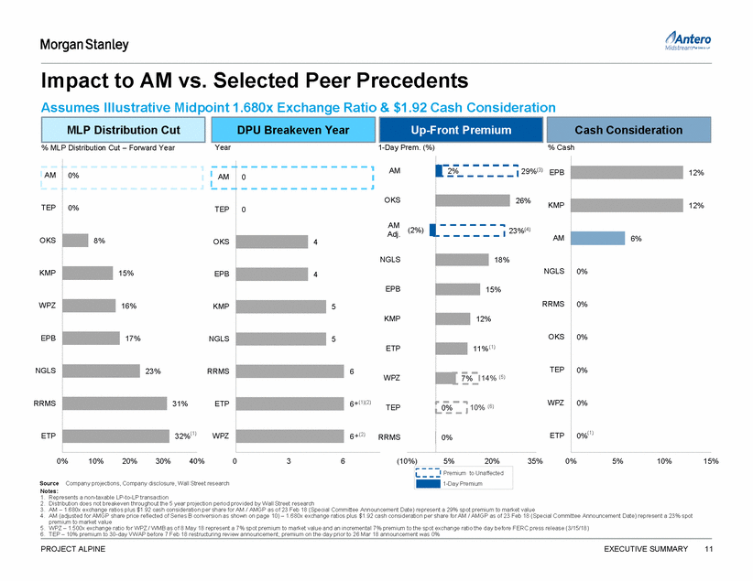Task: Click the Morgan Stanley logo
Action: click(83, 45)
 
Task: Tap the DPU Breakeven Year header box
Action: click(293, 130)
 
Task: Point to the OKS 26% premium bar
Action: click(475, 200)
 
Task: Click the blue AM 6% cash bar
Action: click(597, 238)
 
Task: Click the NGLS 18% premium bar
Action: click(463, 260)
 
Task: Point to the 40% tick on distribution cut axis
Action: click(196, 460)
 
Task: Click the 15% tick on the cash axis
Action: click(710, 460)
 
